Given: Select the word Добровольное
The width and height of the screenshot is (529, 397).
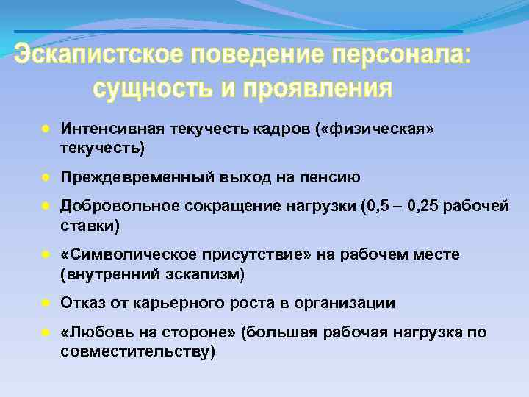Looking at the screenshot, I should [x=118, y=207].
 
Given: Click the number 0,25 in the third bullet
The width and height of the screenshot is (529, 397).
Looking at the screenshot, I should [x=420, y=207].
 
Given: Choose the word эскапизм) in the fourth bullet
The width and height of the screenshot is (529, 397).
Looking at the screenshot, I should [x=212, y=273].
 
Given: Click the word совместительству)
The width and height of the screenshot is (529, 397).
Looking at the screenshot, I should [x=137, y=351].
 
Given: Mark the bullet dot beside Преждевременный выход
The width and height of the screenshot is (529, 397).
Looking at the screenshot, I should [x=45, y=178].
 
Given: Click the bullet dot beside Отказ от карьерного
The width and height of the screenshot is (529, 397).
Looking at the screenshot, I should [x=45, y=303].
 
